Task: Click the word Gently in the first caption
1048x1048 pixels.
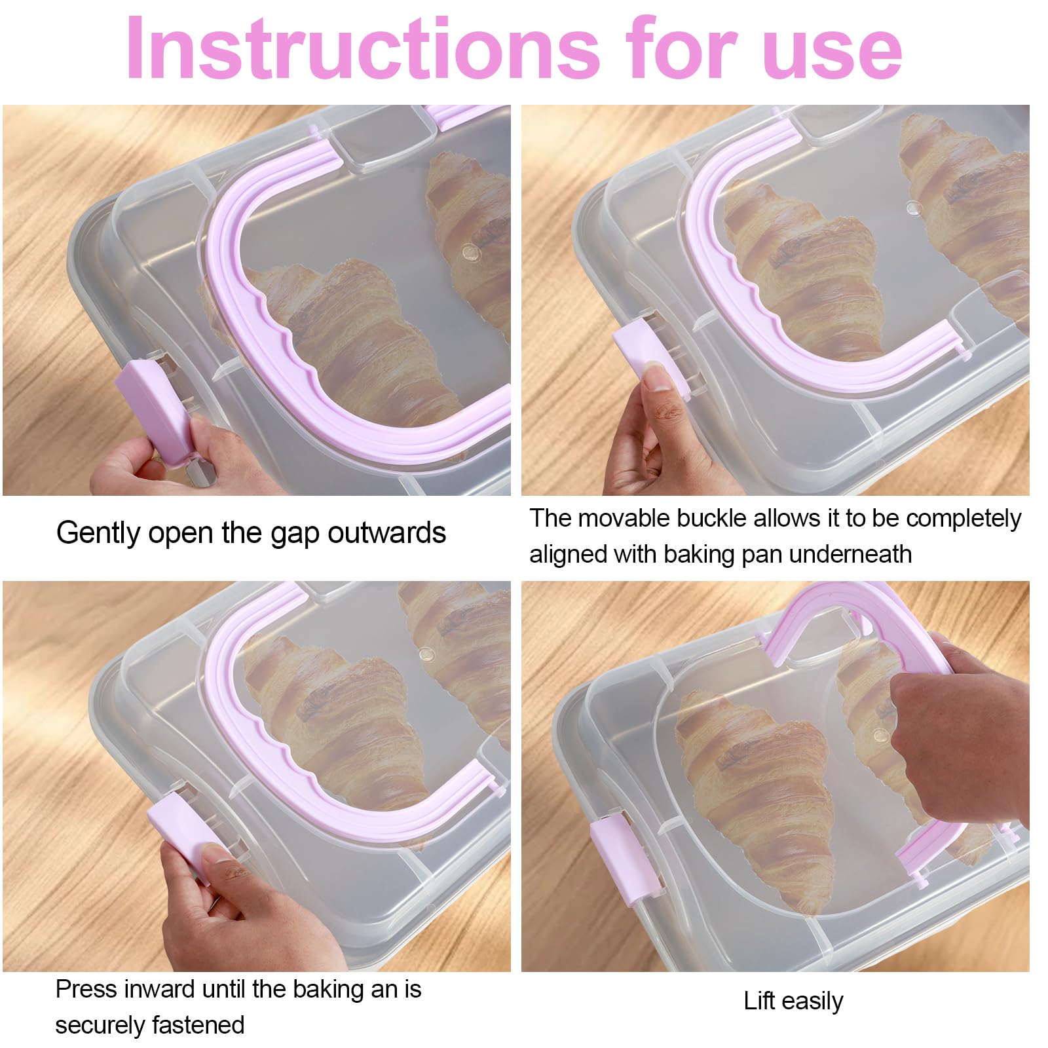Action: coord(98,533)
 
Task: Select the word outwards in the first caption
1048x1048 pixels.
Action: coord(386,533)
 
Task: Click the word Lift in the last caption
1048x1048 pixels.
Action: coord(759,1001)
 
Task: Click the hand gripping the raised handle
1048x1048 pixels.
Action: coord(950,720)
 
